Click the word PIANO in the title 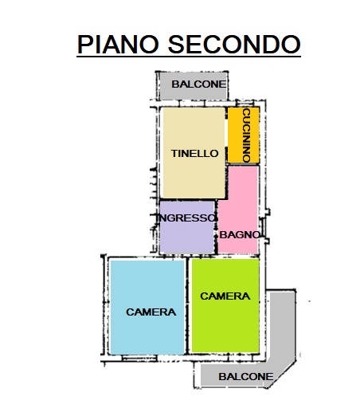(x=118, y=44)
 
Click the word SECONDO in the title (x=234, y=44)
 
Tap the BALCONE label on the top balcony (x=198, y=84)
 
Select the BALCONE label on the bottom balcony (x=245, y=376)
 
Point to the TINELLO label (x=194, y=153)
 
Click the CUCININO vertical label (x=246, y=135)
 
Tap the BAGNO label (x=239, y=234)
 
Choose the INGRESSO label (x=186, y=218)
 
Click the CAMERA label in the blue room (x=151, y=312)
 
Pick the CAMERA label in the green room (x=225, y=296)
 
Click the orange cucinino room (x=244, y=135)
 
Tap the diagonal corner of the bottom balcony (x=283, y=373)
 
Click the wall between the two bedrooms (x=188, y=305)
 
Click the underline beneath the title (x=189, y=56)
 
